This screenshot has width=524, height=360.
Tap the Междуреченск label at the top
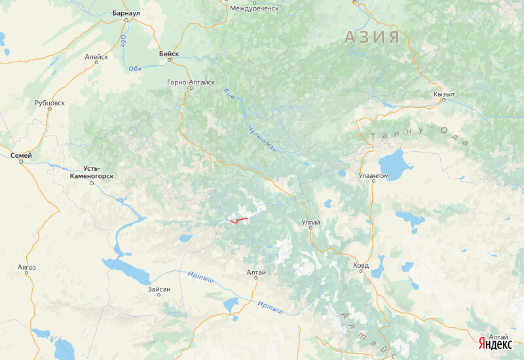click(x=255, y=9)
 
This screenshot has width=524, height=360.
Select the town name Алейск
click(x=96, y=57)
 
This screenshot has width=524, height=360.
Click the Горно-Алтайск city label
click(x=191, y=82)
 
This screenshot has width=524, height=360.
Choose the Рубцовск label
click(x=50, y=103)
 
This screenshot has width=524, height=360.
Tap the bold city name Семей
click(x=21, y=155)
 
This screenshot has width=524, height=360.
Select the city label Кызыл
click(x=443, y=94)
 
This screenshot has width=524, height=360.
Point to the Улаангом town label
click(x=373, y=176)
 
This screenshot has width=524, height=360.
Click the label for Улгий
click(x=310, y=223)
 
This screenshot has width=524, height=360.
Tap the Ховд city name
click(x=360, y=266)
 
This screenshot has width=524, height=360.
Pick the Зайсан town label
click(x=159, y=289)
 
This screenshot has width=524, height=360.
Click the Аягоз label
click(x=27, y=267)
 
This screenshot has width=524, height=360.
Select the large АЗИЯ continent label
click(x=371, y=37)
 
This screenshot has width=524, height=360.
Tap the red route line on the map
click(x=238, y=220)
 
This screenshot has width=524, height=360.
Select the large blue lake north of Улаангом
click(x=391, y=160)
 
